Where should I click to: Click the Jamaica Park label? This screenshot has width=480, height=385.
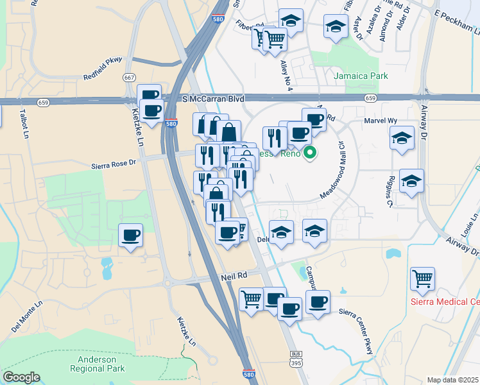[x=361, y=76]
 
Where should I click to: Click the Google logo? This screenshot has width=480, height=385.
[x=21, y=377]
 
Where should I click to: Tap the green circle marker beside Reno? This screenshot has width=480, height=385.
[x=310, y=153]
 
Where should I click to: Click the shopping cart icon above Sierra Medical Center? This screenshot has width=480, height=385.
[x=423, y=278]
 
